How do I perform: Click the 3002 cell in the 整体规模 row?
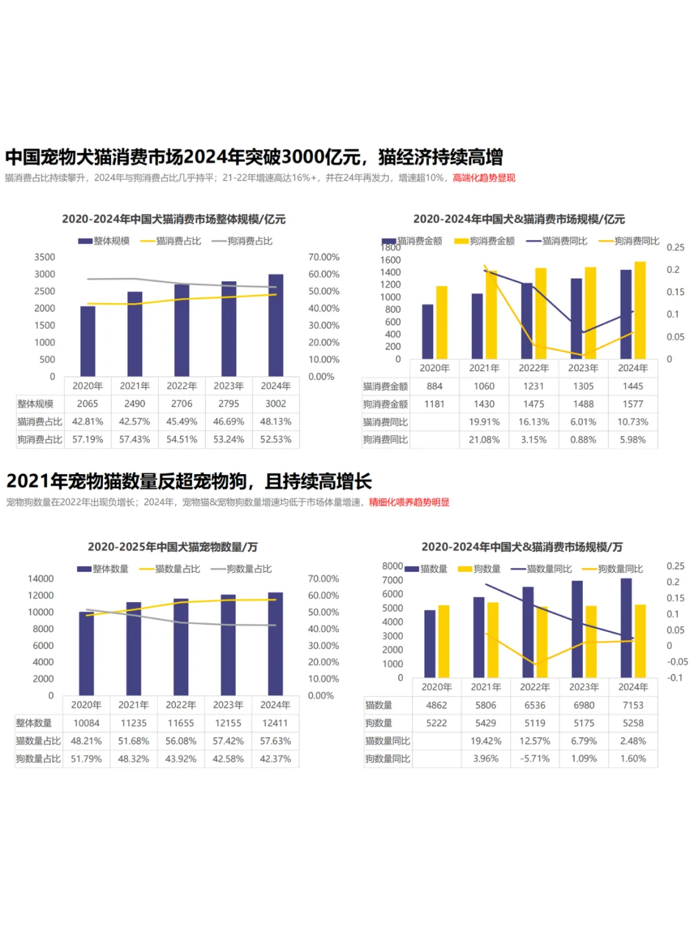click(x=276, y=403)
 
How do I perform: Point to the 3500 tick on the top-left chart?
click(x=45, y=257)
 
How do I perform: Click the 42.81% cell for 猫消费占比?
click(x=87, y=421)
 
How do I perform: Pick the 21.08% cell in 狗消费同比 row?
click(x=484, y=439)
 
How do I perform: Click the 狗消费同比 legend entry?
click(x=630, y=241)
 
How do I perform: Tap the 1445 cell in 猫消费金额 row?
click(x=632, y=386)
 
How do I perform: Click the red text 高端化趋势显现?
click(x=484, y=178)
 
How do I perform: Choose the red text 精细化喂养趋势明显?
click(x=409, y=502)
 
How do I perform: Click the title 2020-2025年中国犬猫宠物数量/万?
click(x=173, y=547)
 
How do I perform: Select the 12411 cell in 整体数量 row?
click(x=275, y=723)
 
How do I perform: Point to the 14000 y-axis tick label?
click(x=40, y=579)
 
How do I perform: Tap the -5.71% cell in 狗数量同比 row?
click(x=535, y=759)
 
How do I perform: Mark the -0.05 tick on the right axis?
click(x=677, y=662)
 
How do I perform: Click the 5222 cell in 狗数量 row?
click(x=436, y=723)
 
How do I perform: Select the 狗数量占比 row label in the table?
click(x=39, y=759)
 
